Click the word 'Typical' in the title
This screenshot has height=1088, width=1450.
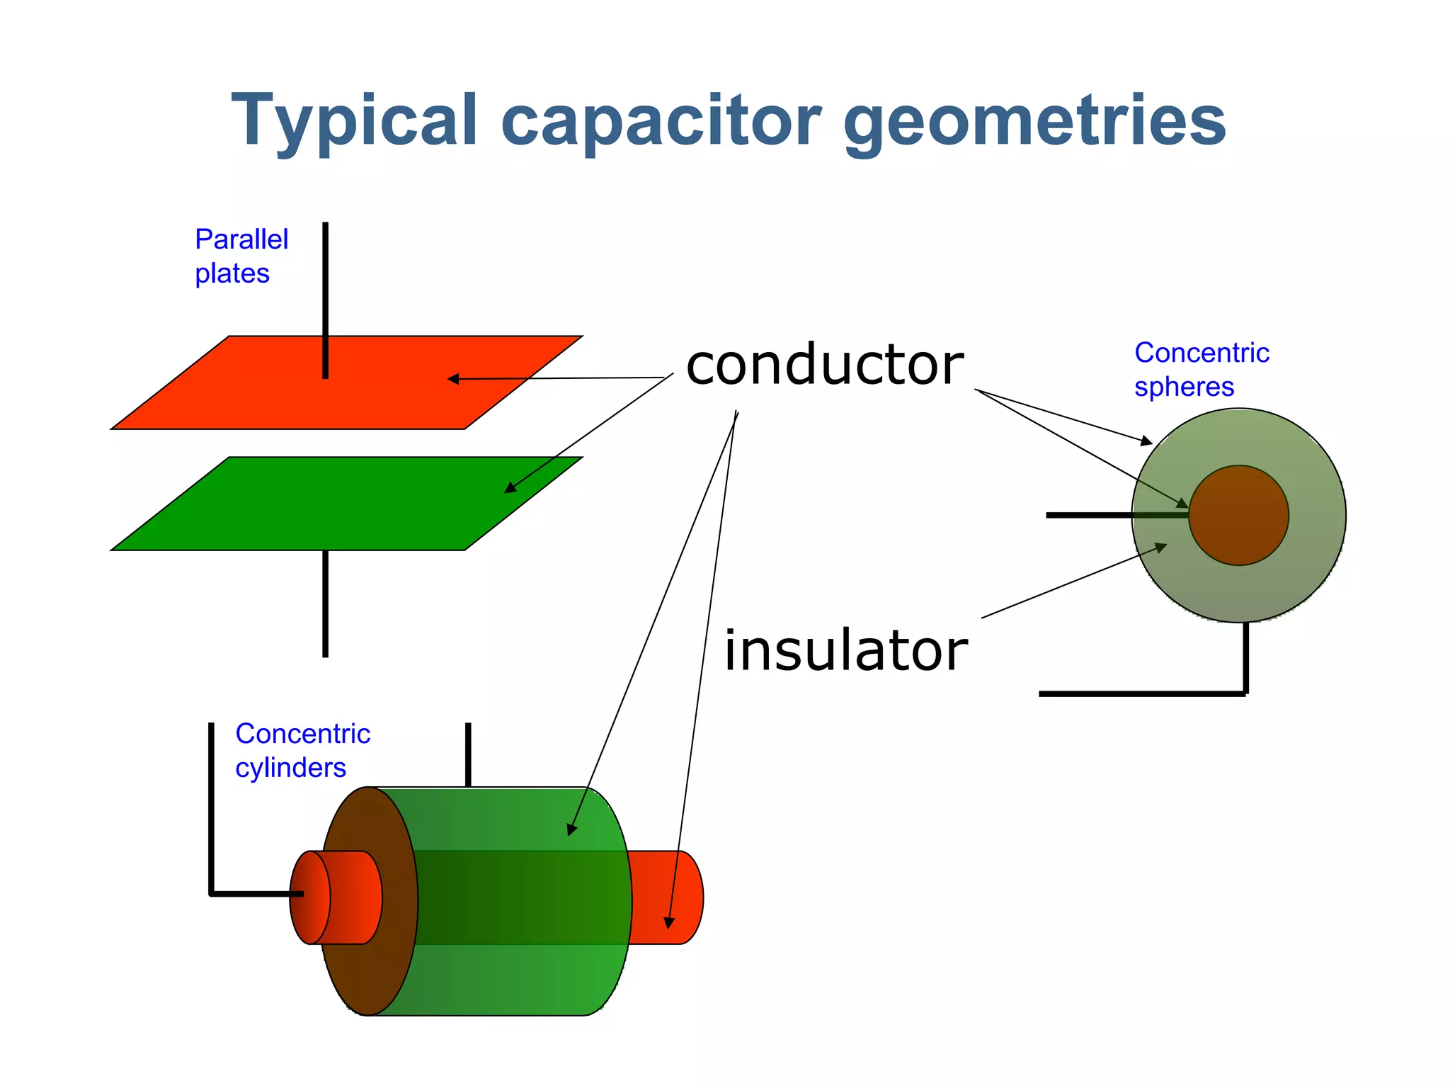coord(354,122)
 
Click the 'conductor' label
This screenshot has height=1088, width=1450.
coord(825,365)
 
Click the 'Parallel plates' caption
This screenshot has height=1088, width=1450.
coord(241,256)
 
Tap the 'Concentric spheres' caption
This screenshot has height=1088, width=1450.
coord(1201,369)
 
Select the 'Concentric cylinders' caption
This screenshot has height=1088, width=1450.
coord(302,750)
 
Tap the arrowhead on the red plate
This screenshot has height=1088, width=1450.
coord(454,379)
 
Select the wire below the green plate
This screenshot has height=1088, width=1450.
coord(325,603)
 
